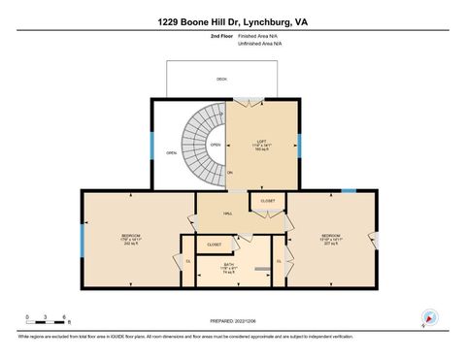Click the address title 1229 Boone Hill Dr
click(x=232, y=20)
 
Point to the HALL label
click(x=227, y=214)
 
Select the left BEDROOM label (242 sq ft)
click(x=130, y=239)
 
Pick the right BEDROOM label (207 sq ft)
click(x=330, y=238)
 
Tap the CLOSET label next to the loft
click(x=267, y=201)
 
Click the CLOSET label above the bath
click(x=214, y=245)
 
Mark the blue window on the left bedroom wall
click(x=82, y=238)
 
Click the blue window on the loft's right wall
click(x=299, y=146)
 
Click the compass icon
click(x=429, y=317)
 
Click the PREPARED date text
click(x=232, y=321)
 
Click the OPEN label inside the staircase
click(x=215, y=145)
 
